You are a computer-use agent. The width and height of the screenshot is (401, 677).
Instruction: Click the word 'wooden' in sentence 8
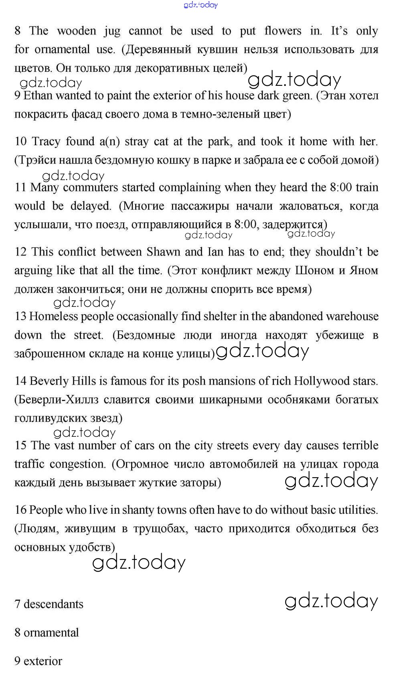point(76,31)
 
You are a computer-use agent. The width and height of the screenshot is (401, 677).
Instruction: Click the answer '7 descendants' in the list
point(49,604)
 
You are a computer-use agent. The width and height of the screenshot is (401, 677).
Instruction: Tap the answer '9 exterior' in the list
point(38,661)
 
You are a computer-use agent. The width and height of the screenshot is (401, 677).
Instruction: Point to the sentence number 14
point(20,381)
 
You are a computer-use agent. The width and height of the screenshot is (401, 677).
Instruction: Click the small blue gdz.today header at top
point(200,5)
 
